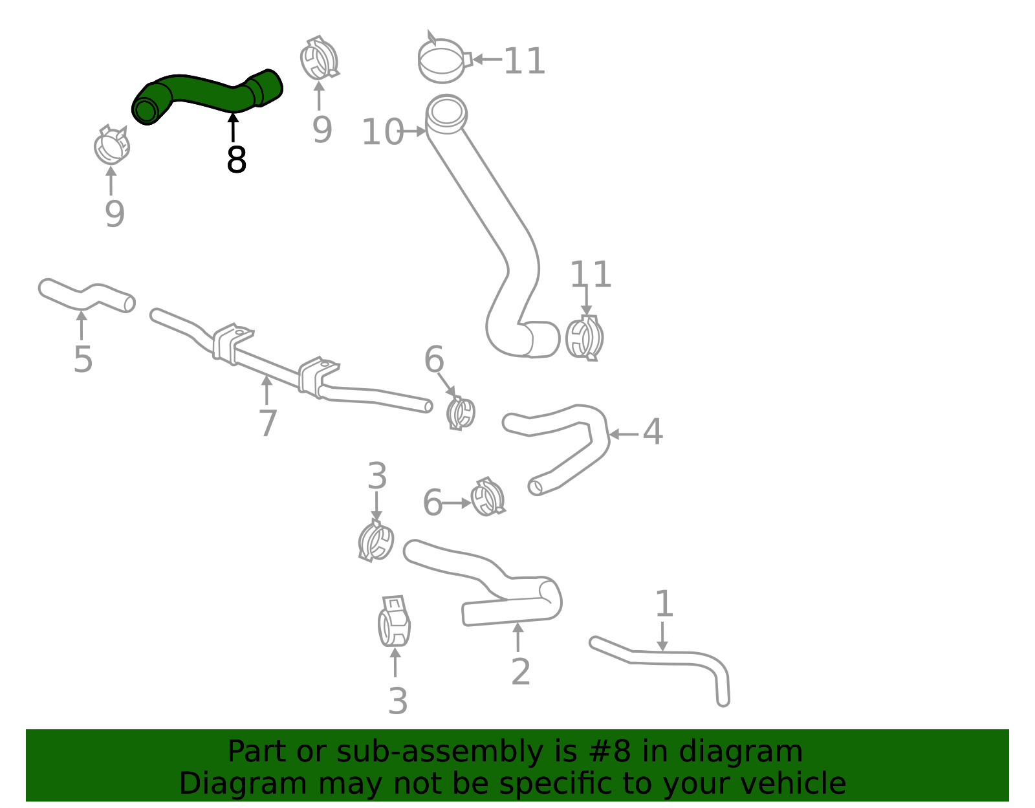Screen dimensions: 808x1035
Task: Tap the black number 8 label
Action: (x=236, y=160)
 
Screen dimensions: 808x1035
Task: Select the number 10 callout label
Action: (x=382, y=132)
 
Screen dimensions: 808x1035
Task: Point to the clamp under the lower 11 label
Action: (x=585, y=338)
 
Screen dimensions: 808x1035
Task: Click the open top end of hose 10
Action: (x=446, y=111)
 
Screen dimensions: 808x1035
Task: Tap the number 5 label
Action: (x=83, y=359)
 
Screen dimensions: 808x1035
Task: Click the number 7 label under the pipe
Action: (x=267, y=423)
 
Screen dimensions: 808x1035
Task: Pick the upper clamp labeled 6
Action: (x=461, y=413)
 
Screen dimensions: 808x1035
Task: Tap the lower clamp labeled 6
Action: (x=488, y=497)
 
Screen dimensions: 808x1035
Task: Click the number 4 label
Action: (x=652, y=431)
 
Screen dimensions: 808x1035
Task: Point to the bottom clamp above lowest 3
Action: (x=394, y=622)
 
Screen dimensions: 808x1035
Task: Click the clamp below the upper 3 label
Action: (x=376, y=541)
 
